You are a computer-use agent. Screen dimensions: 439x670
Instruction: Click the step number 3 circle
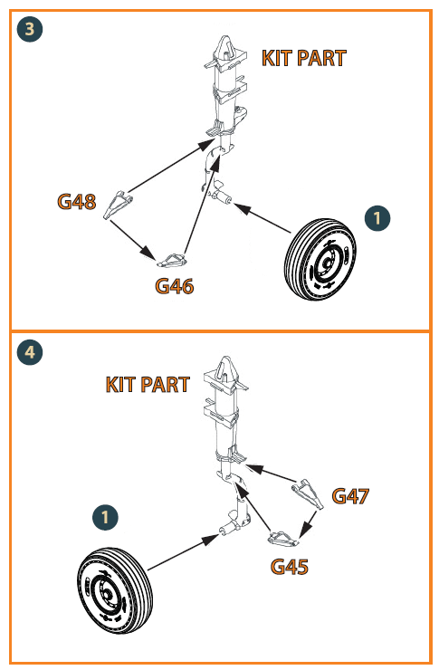tap(30, 29)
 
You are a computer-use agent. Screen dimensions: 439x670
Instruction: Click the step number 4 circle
tap(30, 352)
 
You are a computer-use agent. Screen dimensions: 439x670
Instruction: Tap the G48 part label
tap(77, 201)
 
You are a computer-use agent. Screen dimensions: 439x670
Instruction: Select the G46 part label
tap(174, 286)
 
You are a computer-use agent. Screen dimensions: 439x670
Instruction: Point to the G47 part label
tap(350, 496)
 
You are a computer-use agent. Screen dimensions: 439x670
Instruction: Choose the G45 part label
tap(290, 567)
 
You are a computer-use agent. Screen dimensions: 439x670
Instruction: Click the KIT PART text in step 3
tap(303, 58)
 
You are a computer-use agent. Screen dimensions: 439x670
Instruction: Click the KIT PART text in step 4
tap(148, 385)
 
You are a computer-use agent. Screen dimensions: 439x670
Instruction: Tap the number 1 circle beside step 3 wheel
tap(377, 218)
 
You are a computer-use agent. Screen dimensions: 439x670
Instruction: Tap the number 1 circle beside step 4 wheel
tap(105, 517)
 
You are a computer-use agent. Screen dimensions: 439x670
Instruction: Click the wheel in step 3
tap(320, 259)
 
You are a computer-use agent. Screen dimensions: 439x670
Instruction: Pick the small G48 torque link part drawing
tap(117, 205)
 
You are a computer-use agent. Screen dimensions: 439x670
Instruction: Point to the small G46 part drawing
tap(172, 260)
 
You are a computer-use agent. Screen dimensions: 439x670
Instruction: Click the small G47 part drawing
tap(308, 494)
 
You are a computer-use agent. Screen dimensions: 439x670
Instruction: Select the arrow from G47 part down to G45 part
tap(309, 523)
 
